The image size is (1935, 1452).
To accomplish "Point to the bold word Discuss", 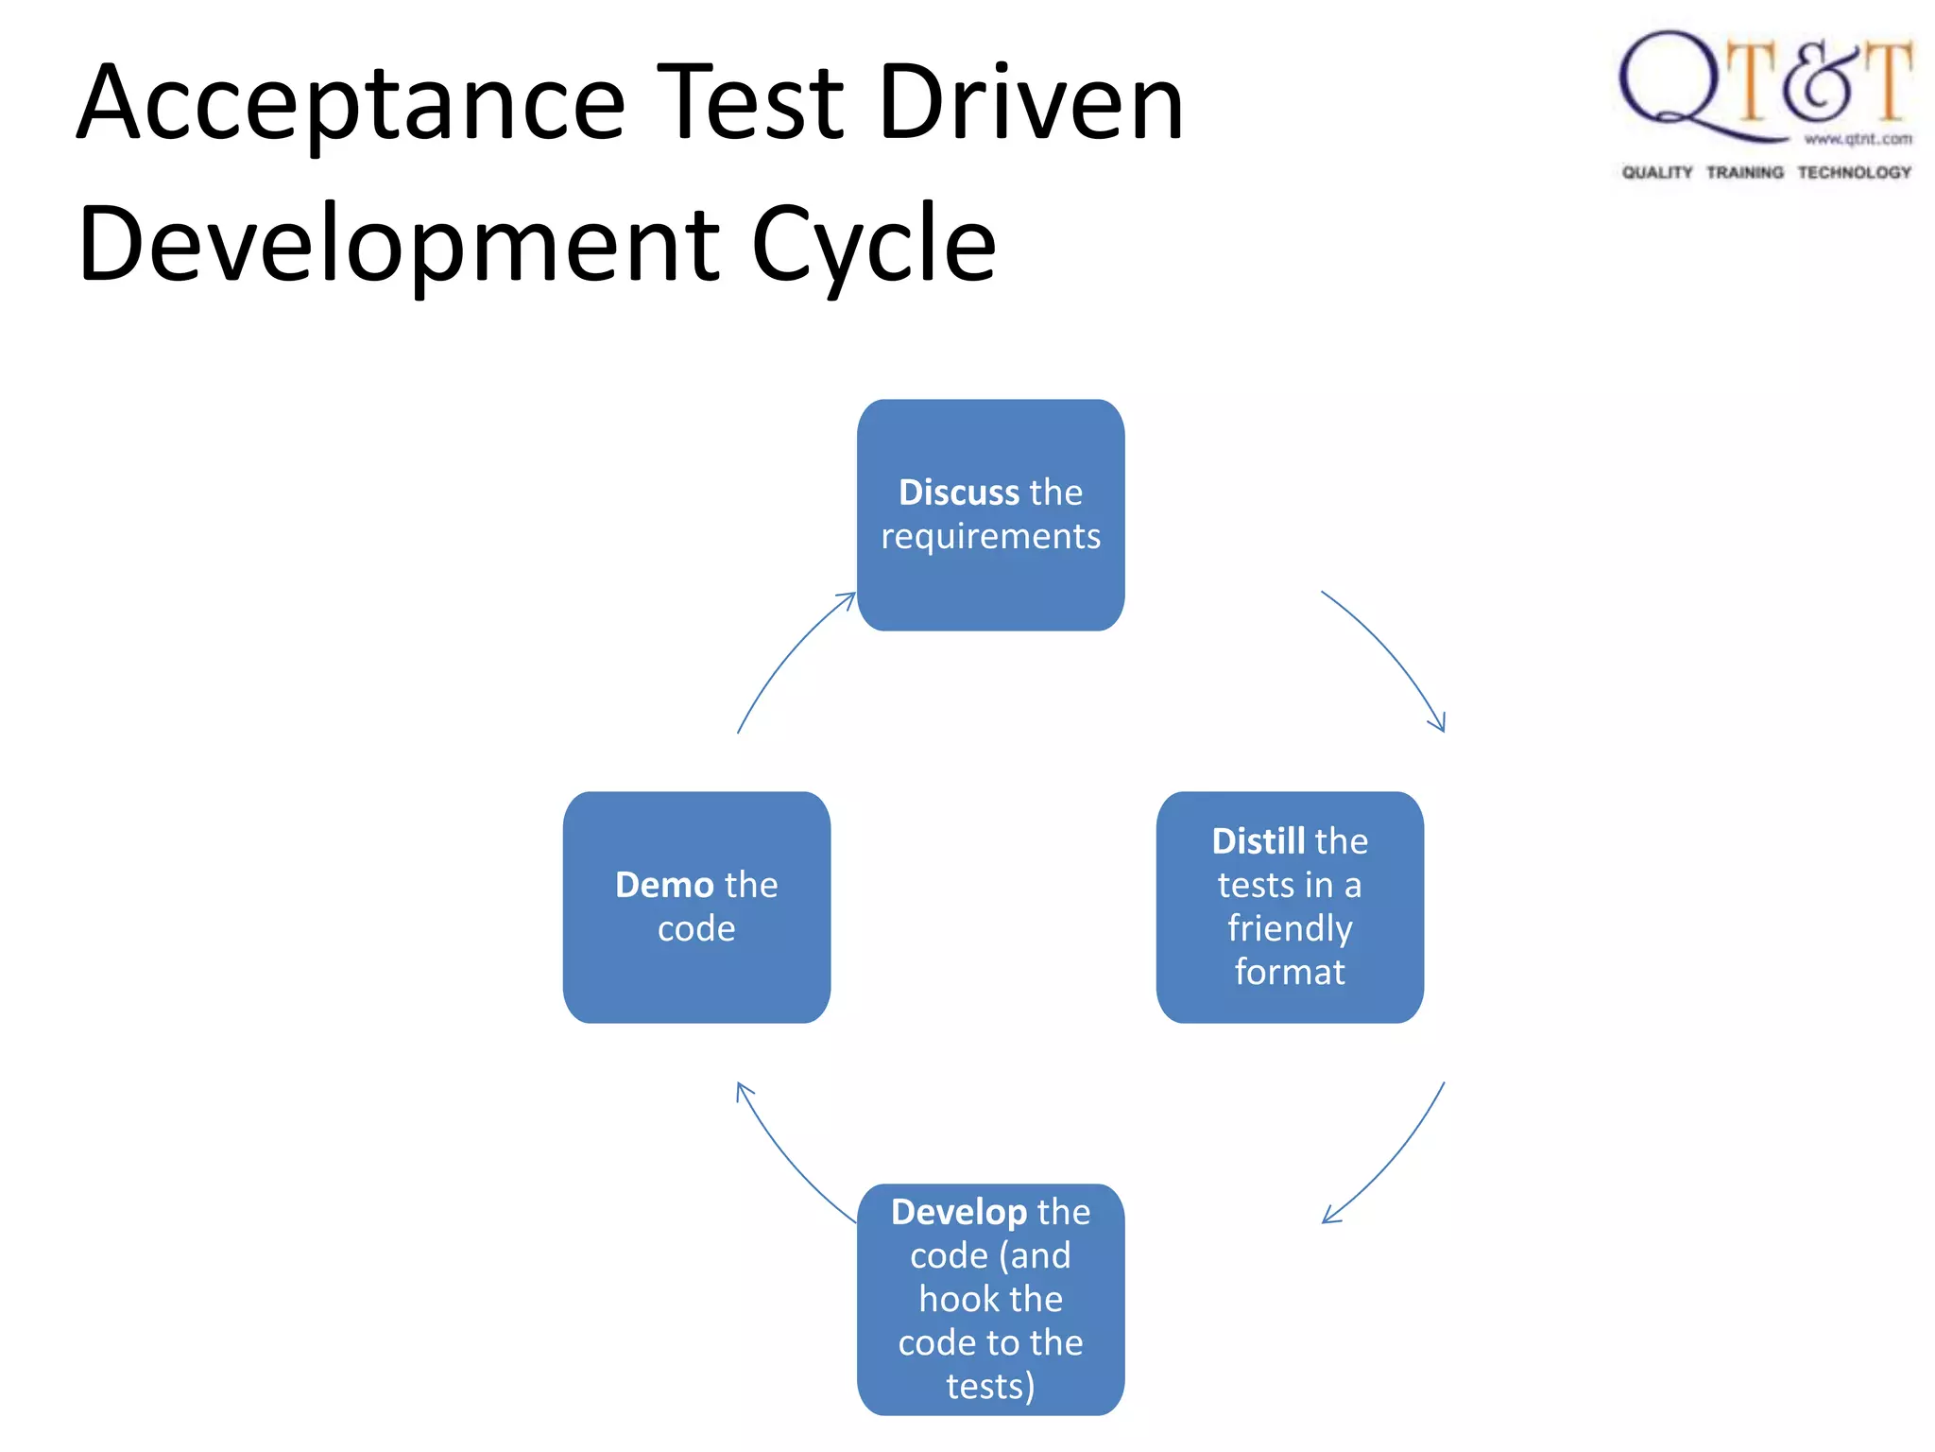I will pyautogui.click(x=958, y=493).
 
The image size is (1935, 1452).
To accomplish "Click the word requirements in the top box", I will pyautogui.click(x=990, y=536).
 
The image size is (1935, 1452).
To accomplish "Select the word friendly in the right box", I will pyautogui.click(x=1290, y=927).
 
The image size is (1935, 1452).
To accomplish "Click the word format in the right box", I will pyautogui.click(x=1290, y=972).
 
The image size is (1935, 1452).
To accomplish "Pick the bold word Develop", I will pyautogui.click(x=958, y=1212).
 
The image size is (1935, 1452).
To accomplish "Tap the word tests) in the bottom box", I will pyautogui.click(x=990, y=1386).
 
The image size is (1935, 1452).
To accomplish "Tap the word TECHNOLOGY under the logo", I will pyautogui.click(x=1854, y=172).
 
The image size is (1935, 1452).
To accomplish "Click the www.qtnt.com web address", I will pyautogui.click(x=1858, y=139).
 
